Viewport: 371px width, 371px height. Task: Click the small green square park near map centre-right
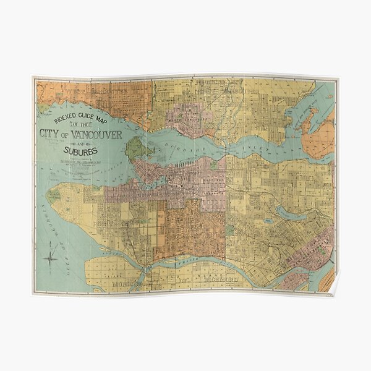(x=230, y=230)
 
